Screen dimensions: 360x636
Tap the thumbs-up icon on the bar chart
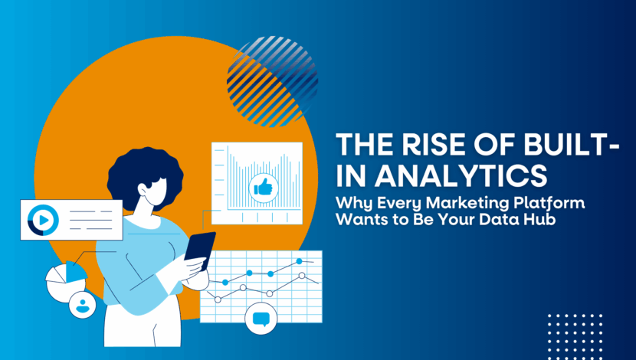point(261,186)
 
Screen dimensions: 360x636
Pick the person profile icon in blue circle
point(81,304)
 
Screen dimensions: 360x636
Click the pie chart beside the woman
point(66,279)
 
